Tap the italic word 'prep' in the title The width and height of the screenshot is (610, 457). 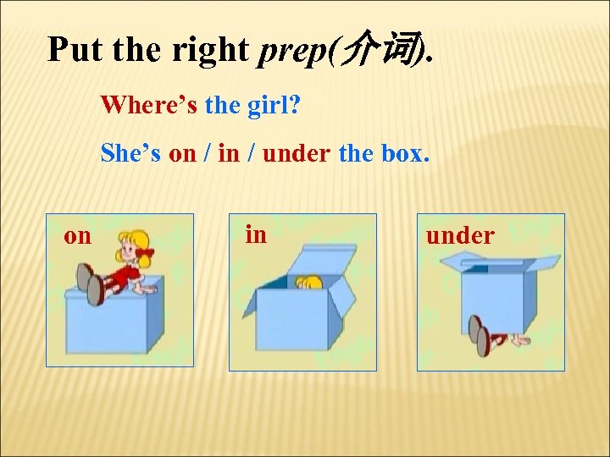point(293,51)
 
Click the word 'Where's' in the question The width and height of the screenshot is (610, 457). point(149,106)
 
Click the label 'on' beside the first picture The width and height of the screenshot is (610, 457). point(77,235)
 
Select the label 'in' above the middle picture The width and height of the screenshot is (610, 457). point(255,233)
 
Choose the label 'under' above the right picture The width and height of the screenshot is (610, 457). point(460,235)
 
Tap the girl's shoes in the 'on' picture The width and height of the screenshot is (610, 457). point(90,284)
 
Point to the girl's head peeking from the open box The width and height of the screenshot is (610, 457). point(309,283)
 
